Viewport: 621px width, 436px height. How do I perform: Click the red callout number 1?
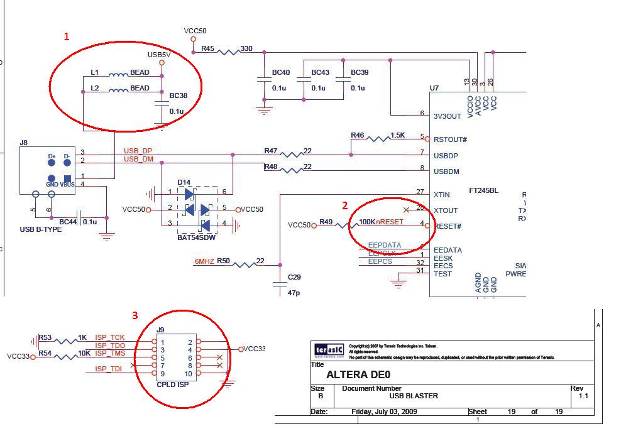[67, 36]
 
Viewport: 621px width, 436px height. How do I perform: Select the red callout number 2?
[344, 205]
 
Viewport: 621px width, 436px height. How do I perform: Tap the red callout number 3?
[135, 315]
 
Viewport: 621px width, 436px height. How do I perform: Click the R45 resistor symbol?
[228, 51]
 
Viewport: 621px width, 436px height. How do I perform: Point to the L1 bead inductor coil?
[118, 75]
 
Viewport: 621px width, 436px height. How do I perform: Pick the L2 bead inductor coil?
[118, 91]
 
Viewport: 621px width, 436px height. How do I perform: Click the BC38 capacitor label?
[179, 96]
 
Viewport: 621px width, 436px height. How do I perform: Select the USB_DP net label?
[138, 151]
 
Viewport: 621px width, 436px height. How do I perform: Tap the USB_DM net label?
[138, 160]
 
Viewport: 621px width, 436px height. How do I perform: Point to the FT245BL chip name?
[483, 190]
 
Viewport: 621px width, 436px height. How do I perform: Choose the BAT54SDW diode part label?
[197, 238]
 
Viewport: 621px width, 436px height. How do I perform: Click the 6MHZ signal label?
[204, 261]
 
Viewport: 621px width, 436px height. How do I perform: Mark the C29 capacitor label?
[294, 277]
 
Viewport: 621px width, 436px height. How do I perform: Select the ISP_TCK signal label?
[110, 338]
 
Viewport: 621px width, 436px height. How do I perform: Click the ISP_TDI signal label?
[108, 369]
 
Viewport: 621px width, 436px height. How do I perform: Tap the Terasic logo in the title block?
[328, 350]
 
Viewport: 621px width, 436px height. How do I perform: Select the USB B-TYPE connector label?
[41, 229]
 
